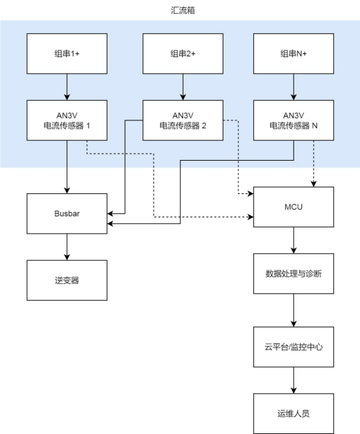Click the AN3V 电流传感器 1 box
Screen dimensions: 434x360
pyautogui.click(x=66, y=120)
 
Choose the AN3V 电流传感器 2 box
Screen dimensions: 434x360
pyautogui.click(x=182, y=120)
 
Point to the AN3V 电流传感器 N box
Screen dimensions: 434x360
pyautogui.click(x=294, y=120)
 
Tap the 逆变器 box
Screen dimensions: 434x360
pyautogui.click(x=66, y=280)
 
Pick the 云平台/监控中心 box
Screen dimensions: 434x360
pyautogui.click(x=294, y=346)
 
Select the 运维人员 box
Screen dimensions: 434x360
pyautogui.click(x=294, y=413)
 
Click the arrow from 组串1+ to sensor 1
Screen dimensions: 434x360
pyautogui.click(x=66, y=87)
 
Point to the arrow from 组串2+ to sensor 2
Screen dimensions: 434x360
pyautogui.click(x=182, y=87)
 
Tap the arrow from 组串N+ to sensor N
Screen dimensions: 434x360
pyautogui.click(x=294, y=87)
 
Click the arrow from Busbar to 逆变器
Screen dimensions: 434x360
pyautogui.click(x=66, y=247)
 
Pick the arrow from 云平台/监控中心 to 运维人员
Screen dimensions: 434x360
pyautogui.click(x=294, y=379)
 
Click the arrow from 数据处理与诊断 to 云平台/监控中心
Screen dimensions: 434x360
pyautogui.click(x=294, y=313)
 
